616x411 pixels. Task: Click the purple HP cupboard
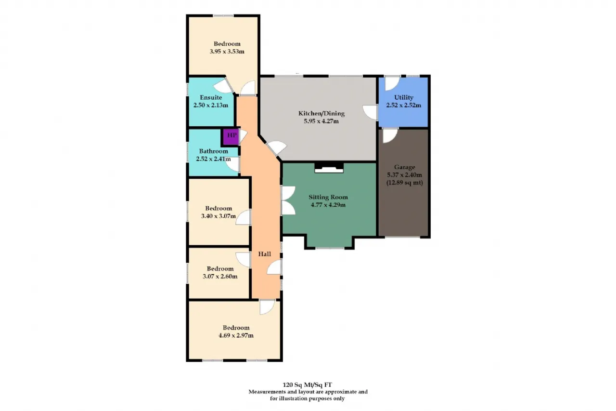[231, 137]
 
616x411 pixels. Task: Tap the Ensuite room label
[211, 97]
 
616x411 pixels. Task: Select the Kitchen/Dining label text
[321, 113]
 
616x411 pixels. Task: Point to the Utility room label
[404, 97]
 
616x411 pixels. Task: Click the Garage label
[405, 167]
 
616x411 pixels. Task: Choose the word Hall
[265, 254]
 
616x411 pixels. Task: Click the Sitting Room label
[328, 197]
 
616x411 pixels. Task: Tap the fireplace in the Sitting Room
[329, 168]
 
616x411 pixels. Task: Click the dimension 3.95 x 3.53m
[227, 52]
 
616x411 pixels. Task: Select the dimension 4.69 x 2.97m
[236, 335]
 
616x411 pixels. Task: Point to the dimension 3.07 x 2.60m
[220, 277]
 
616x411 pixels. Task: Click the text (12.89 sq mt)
[405, 183]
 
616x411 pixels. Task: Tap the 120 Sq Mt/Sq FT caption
[307, 385]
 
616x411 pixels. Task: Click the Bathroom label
[213, 151]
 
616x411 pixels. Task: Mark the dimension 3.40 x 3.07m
[218, 216]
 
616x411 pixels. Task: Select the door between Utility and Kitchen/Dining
[370, 112]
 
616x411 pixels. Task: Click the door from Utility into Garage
[390, 135]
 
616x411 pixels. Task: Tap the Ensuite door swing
[224, 86]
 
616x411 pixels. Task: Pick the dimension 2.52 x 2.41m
[213, 159]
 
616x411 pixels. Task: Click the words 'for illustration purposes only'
[307, 398]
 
